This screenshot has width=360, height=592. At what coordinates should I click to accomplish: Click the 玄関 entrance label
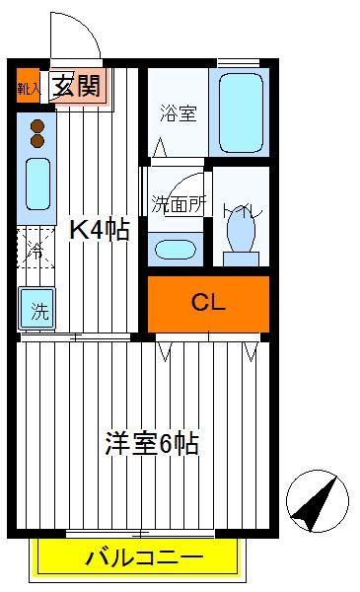pyautogui.click(x=77, y=86)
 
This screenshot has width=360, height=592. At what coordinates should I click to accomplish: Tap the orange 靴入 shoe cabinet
pyautogui.click(x=28, y=85)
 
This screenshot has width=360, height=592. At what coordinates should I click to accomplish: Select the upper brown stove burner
pyautogui.click(x=37, y=126)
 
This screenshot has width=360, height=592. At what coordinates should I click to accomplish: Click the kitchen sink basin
pyautogui.click(x=37, y=184)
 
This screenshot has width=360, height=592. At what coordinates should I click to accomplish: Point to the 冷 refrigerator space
pyautogui.click(x=36, y=248)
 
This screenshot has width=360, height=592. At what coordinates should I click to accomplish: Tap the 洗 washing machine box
pyautogui.click(x=36, y=309)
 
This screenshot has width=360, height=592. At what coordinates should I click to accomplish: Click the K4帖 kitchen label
pyautogui.click(x=100, y=229)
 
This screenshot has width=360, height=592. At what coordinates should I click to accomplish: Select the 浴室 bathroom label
pyautogui.click(x=179, y=112)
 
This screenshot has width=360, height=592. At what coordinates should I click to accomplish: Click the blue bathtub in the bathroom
pyautogui.click(x=241, y=112)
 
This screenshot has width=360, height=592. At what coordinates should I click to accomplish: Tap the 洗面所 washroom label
pyautogui.click(x=179, y=204)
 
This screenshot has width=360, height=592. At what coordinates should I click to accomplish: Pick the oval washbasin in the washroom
pyautogui.click(x=176, y=250)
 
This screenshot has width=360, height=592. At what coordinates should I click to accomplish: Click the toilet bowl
pyautogui.click(x=241, y=233)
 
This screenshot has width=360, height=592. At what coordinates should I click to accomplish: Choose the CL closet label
pyautogui.click(x=208, y=303)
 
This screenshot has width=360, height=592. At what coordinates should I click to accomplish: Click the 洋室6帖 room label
pyautogui.click(x=152, y=443)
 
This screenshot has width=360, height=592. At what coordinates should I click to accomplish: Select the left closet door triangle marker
pyautogui.click(x=165, y=351)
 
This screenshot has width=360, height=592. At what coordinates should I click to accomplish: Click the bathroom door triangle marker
pyautogui.click(x=160, y=147)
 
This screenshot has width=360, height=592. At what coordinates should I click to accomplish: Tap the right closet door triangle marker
pyautogui.click(x=251, y=351)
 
